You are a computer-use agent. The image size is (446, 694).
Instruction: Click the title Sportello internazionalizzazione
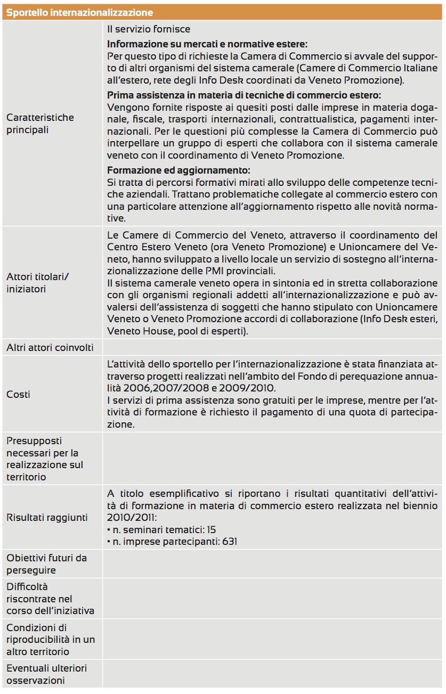[x=79, y=12]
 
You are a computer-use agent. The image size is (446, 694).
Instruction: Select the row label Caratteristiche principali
[x=40, y=124]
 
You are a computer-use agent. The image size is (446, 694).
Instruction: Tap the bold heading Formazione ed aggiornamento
[x=179, y=170]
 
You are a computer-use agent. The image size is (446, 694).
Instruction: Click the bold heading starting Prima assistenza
[x=244, y=95]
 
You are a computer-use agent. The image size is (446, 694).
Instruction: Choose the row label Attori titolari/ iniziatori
[x=38, y=283]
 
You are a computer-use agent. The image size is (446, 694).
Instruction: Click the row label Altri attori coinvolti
[x=50, y=348]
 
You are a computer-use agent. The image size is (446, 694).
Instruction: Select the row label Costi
[x=18, y=394]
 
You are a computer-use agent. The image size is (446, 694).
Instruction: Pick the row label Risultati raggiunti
[x=47, y=517]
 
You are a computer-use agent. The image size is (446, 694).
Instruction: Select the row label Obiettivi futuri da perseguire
[x=46, y=564]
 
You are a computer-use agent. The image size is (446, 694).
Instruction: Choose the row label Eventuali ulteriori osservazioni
[x=46, y=674]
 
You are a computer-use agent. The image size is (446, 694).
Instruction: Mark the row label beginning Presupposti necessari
[x=45, y=459]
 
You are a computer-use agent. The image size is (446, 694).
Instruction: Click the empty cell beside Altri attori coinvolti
[x=273, y=348]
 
